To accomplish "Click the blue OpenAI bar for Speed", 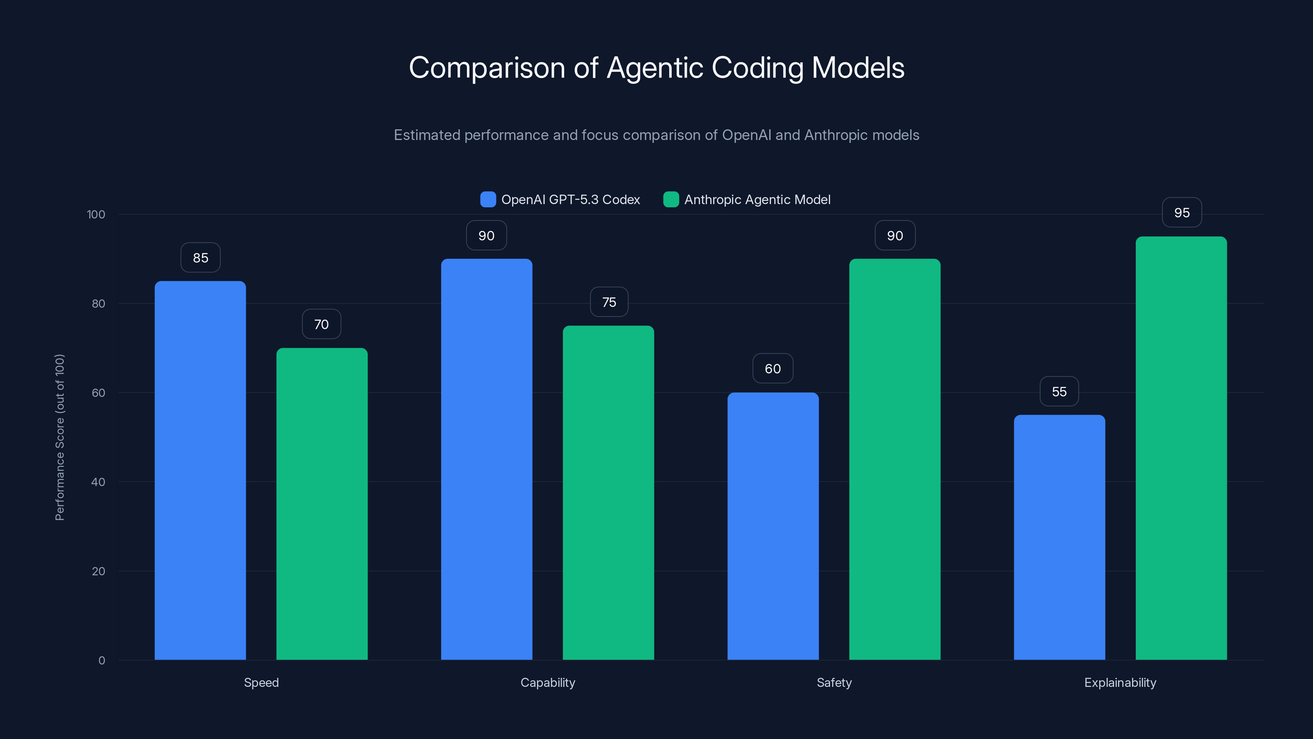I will point(200,469).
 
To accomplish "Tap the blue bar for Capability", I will point(486,459).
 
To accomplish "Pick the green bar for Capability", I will point(608,492).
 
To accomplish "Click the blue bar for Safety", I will point(773,526).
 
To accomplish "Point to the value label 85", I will point(200,257).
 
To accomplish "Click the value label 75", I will point(609,302).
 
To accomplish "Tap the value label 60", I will point(773,368).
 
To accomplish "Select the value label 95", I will point(1182,212).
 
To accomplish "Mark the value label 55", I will point(1059,391).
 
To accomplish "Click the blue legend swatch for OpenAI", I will point(488,200).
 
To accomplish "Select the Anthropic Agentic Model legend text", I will point(757,200).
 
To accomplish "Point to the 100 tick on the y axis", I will point(96,214).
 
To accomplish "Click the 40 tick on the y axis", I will point(98,482).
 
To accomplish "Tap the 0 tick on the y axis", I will point(101,661).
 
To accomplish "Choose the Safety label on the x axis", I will point(834,682).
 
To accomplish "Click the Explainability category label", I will point(1120,682).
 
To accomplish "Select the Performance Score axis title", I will point(59,437).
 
